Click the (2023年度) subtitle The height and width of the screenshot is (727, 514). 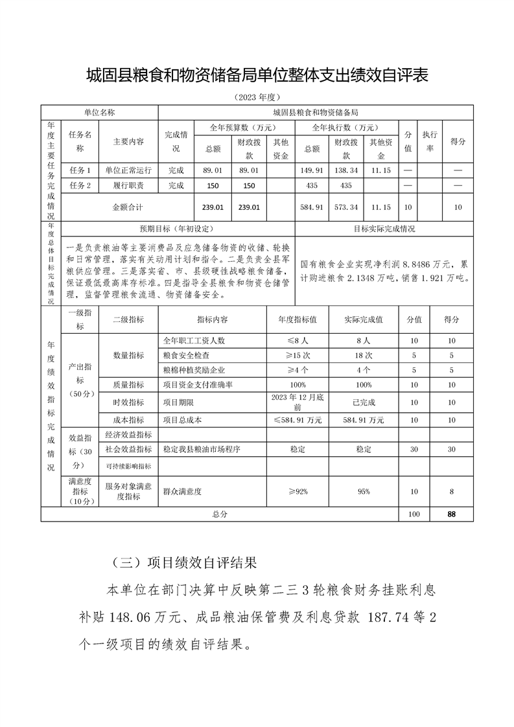pos(257,97)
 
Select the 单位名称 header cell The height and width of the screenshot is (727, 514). pos(99,112)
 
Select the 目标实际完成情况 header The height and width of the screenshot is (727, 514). pos(384,229)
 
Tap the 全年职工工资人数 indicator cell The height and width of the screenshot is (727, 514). pos(194,340)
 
